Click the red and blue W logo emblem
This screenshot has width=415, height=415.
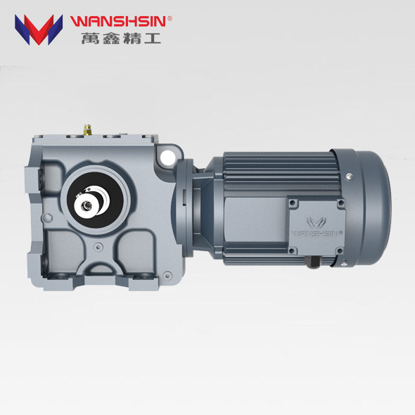coord(39,29)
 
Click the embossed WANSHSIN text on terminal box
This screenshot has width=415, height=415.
coord(316,230)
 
